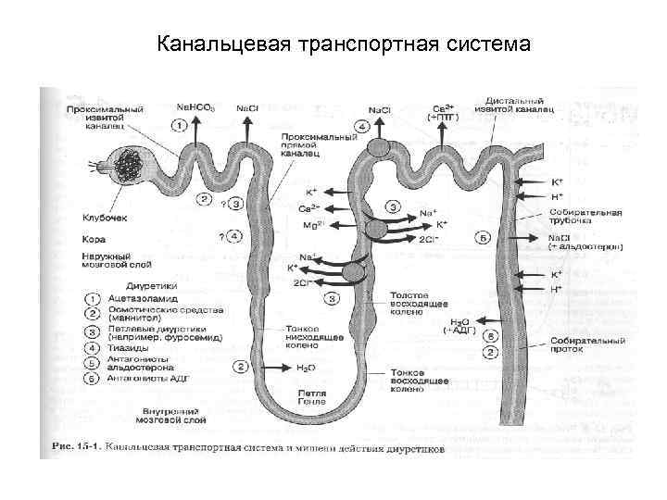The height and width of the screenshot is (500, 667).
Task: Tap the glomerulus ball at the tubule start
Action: (124, 168)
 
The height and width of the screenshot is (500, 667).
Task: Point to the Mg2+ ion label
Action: (310, 224)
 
